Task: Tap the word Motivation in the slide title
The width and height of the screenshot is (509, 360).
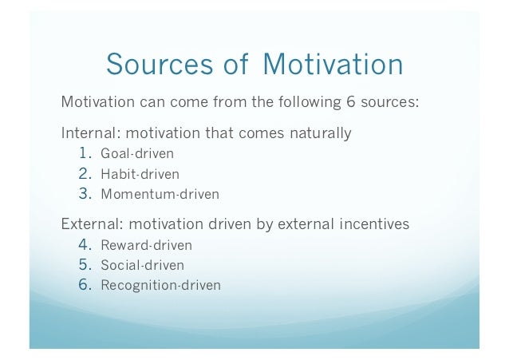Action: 333,65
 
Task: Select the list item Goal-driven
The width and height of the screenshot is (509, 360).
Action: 136,153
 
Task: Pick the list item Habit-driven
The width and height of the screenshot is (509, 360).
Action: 140,173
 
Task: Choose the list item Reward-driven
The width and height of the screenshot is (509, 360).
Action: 146,245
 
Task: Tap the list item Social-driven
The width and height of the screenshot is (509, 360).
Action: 142,265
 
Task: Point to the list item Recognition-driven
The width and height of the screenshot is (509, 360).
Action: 160,285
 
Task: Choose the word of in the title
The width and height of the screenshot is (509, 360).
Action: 235,65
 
